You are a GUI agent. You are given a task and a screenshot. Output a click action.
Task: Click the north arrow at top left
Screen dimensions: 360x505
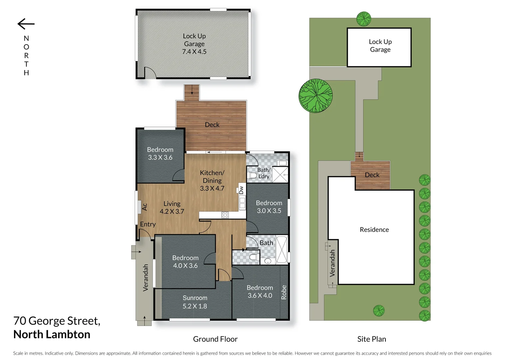point(26,24)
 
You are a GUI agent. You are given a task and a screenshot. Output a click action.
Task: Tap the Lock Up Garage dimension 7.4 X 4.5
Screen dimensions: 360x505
point(194,52)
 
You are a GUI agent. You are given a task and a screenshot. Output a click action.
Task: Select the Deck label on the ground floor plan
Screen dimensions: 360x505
point(212,125)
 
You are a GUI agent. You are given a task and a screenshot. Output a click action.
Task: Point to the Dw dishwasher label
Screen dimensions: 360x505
point(241,190)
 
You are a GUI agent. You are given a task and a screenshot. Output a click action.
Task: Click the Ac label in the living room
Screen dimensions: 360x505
point(145,207)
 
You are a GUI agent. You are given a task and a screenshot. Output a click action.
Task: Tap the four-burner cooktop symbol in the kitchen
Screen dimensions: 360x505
point(225,215)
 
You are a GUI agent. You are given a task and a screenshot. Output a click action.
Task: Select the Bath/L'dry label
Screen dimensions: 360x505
point(263,173)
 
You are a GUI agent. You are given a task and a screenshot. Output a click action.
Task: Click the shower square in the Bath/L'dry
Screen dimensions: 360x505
point(280,174)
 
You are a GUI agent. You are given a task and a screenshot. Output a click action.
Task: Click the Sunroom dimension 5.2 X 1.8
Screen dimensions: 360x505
point(195,306)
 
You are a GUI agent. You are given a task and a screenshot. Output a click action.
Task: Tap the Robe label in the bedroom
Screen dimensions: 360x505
point(284,292)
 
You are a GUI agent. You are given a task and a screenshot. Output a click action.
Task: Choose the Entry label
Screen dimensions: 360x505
point(148,224)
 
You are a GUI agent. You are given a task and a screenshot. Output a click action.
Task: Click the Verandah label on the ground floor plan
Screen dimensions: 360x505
point(146,278)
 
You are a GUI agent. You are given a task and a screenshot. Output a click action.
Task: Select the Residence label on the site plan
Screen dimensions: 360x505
point(374,230)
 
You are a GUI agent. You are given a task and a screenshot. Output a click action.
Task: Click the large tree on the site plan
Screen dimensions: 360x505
point(315,96)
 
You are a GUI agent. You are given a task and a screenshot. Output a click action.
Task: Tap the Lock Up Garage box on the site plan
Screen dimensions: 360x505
point(379,47)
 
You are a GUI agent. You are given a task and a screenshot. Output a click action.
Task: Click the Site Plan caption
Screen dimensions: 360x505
point(371,339)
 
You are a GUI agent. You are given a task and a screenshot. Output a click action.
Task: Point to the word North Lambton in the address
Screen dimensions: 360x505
point(52,334)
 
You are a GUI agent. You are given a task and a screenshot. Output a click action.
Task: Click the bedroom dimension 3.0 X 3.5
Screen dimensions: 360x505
point(269,211)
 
